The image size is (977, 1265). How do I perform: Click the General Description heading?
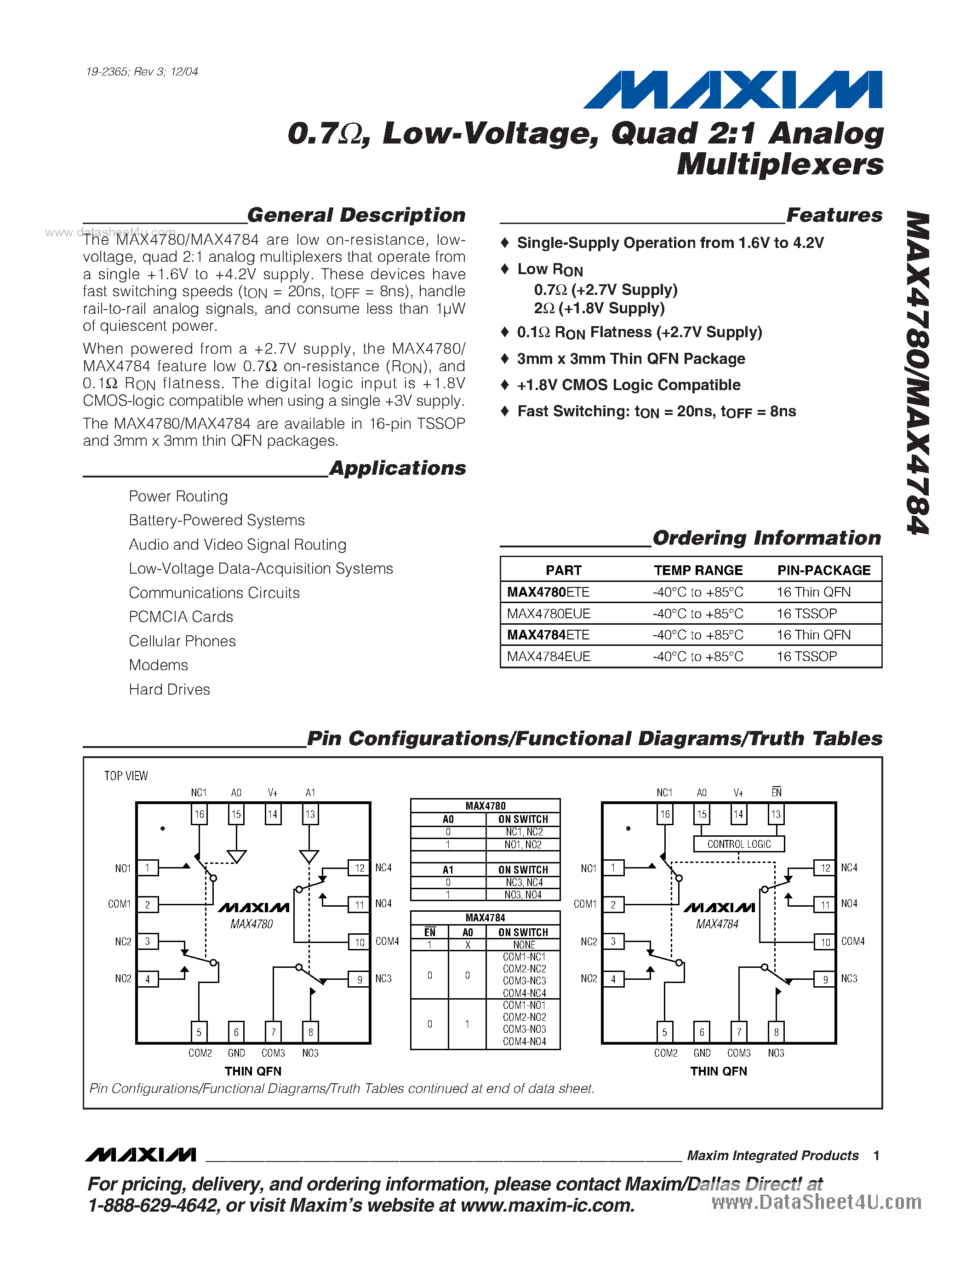coord(356,215)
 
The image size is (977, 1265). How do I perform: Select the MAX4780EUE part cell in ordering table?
coord(548,613)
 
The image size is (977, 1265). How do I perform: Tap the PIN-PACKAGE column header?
coord(823,570)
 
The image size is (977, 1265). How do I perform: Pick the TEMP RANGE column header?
coord(698,570)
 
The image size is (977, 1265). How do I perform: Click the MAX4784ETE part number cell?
coord(548,635)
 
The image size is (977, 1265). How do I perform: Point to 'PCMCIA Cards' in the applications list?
coord(181,617)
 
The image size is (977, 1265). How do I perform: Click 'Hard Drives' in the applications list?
coord(170,689)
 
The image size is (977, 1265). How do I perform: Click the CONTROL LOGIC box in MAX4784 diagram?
coord(739,844)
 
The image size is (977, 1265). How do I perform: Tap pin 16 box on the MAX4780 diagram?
coord(199,814)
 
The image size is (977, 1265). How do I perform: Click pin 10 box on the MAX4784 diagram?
coord(825,943)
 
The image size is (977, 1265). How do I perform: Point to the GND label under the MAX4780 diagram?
coord(236,1053)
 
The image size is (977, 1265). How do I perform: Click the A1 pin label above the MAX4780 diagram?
coord(310,793)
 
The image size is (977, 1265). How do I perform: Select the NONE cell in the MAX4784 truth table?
coord(523,945)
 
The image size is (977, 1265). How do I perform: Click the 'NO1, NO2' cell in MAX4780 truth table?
coord(523,845)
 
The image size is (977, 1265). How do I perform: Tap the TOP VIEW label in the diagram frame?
coord(126,776)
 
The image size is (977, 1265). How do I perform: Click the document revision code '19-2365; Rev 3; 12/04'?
coord(142,72)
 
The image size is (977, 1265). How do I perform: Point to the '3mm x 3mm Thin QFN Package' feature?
coord(631,359)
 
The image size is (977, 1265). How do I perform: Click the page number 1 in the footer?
coord(876,1156)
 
